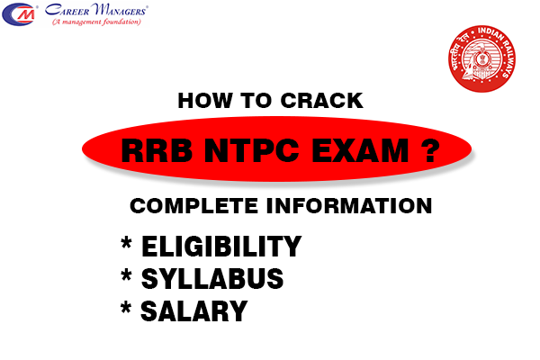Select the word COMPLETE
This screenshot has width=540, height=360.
point(184,206)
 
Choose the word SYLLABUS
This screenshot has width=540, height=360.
point(211,279)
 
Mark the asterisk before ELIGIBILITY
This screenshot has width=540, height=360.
point(125,244)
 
